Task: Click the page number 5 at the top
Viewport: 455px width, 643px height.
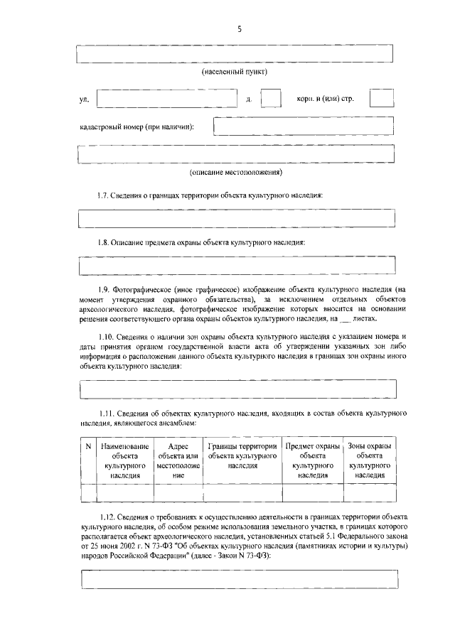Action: (x=240, y=29)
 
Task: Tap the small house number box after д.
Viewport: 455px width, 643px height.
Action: (x=272, y=99)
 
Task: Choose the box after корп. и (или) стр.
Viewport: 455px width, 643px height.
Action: (x=382, y=99)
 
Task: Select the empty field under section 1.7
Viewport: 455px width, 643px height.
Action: (x=235, y=218)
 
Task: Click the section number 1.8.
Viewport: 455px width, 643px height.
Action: (x=105, y=242)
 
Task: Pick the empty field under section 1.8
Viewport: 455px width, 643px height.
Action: (x=235, y=265)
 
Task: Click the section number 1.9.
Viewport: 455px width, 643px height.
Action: (x=105, y=290)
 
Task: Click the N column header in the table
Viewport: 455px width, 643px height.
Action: (x=89, y=446)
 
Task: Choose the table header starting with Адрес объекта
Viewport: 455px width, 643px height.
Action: (x=178, y=460)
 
